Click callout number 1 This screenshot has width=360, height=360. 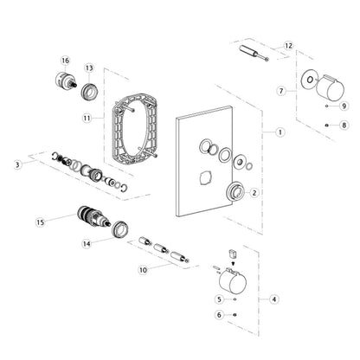tap(280, 132)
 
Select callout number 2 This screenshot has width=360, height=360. tap(254, 194)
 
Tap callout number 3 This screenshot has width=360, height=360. tap(16, 163)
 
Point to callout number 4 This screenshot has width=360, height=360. tap(274, 299)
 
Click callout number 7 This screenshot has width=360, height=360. tap(280, 90)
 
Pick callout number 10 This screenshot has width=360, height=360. tap(144, 270)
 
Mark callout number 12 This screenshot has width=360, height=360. tap(289, 45)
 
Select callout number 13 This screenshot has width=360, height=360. tap(89, 67)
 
